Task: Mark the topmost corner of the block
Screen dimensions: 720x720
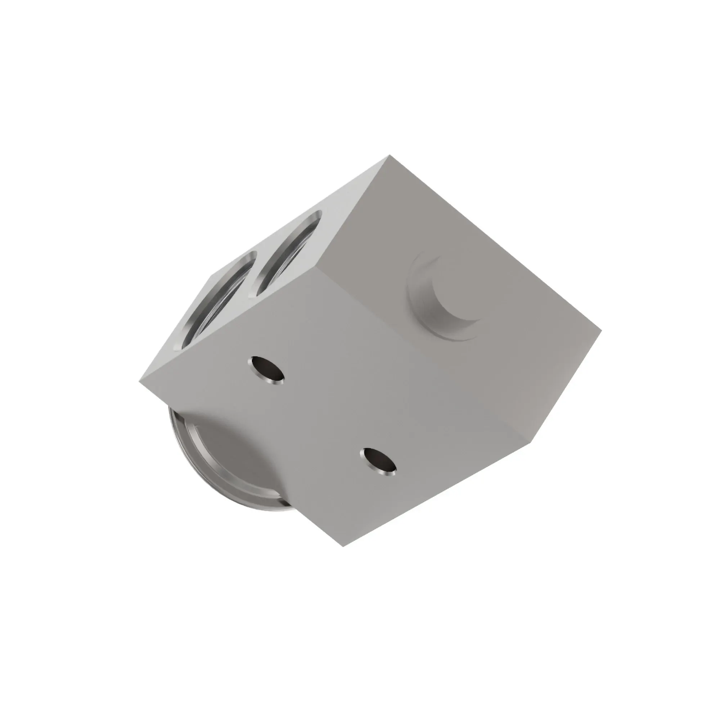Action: click(x=390, y=155)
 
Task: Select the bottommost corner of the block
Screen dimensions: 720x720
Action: click(x=343, y=546)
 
